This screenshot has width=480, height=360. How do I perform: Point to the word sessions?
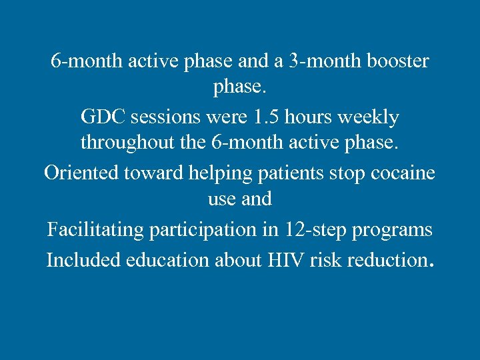click(x=169, y=117)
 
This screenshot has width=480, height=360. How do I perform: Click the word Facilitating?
click(x=95, y=231)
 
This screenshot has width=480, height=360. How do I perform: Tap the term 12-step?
click(x=310, y=231)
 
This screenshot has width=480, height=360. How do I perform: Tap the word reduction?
click(x=381, y=259)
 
